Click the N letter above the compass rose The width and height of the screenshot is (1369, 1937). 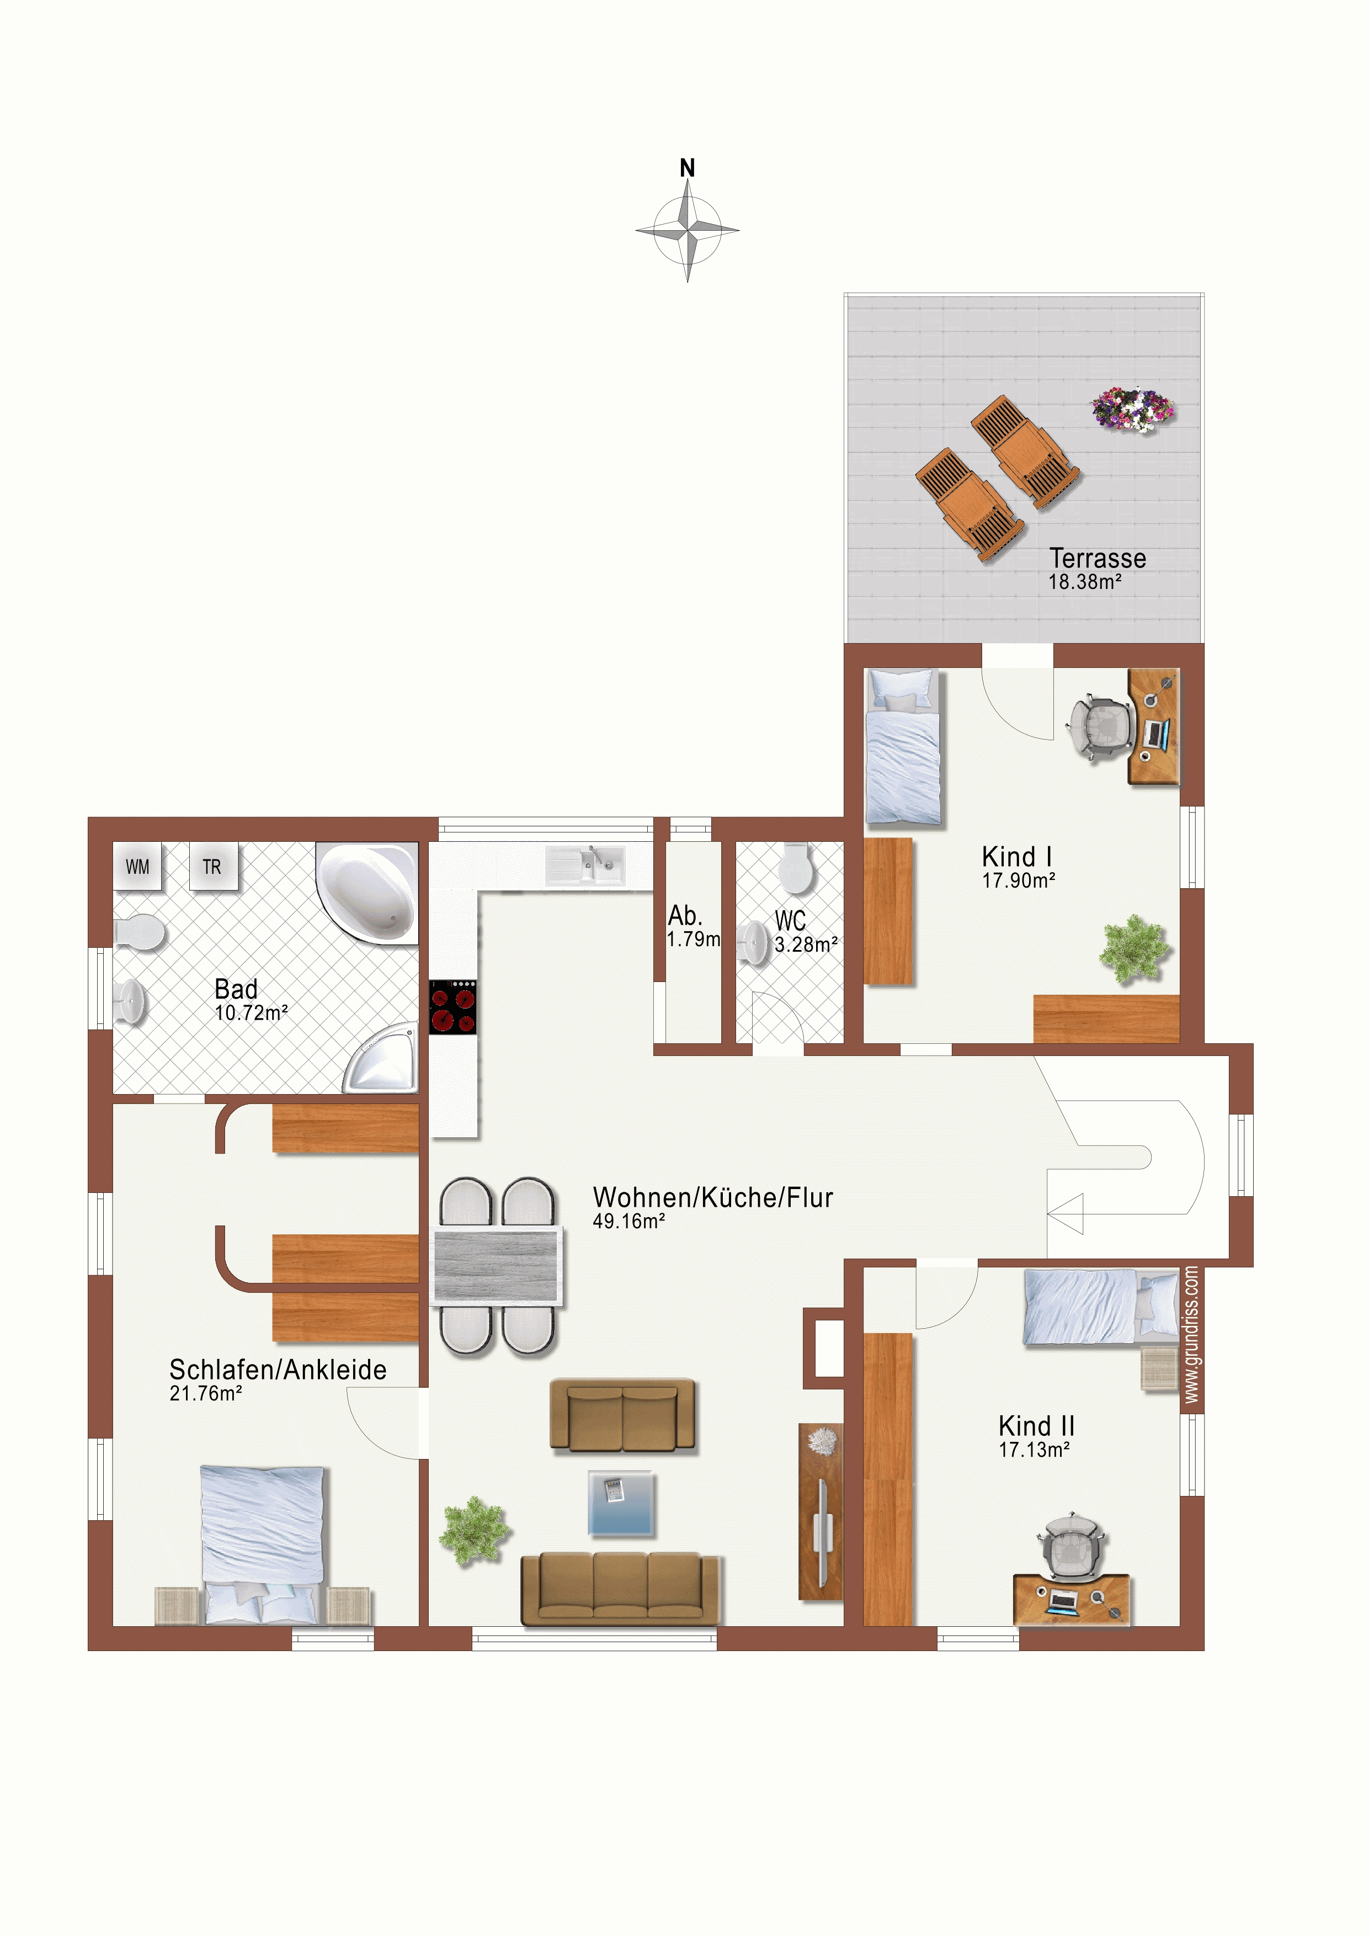[688, 168]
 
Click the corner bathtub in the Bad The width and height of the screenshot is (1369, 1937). [367, 893]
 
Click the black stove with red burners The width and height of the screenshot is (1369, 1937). [453, 1006]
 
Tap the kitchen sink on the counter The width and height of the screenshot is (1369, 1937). [585, 865]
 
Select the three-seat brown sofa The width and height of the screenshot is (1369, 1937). [620, 1589]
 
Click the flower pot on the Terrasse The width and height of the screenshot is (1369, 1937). [1133, 409]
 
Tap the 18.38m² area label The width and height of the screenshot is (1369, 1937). [1085, 582]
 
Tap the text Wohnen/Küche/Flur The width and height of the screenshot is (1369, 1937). [713, 1197]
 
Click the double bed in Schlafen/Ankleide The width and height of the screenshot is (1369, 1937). [262, 1545]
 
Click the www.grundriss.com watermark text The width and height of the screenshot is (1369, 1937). [1190, 1335]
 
